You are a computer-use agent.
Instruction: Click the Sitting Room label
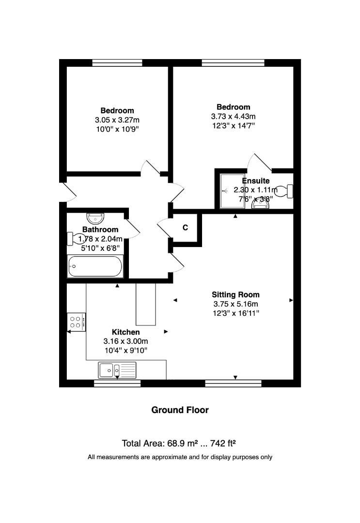[235, 294]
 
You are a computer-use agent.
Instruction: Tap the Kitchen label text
[126, 332]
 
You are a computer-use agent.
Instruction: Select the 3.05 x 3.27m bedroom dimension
[117, 120]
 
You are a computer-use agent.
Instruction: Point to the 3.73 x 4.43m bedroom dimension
[233, 116]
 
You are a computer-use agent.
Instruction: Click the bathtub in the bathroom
[95, 266]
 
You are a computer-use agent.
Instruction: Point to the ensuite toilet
[289, 191]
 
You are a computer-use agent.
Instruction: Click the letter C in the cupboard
[185, 228]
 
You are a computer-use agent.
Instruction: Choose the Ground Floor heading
[180, 410]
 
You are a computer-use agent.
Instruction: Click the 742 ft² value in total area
[220, 443]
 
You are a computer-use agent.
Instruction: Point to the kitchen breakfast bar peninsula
[146, 304]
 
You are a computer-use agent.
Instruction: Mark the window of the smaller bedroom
[117, 62]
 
